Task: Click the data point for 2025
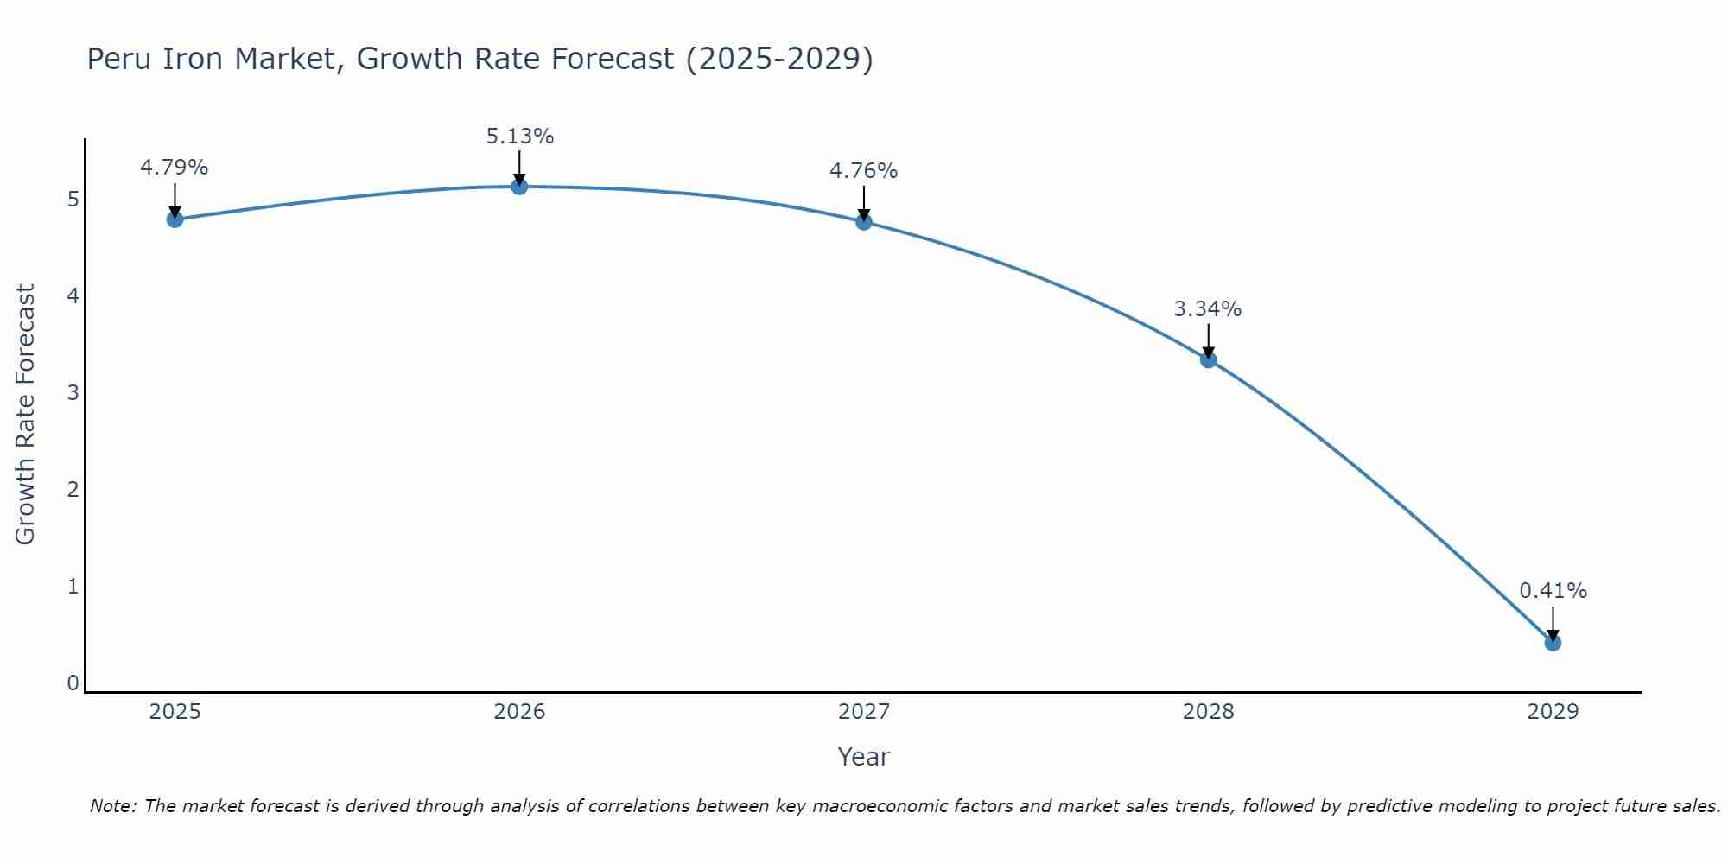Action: tap(175, 219)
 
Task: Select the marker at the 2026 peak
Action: tap(519, 186)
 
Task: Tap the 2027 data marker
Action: tap(864, 222)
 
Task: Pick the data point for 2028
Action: tap(1208, 359)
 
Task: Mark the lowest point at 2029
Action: tap(1553, 643)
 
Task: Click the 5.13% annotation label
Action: tap(519, 137)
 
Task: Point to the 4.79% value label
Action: tap(175, 168)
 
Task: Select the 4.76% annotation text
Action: tap(864, 171)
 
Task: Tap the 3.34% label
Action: tap(1208, 309)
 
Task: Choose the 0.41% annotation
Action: tap(1553, 591)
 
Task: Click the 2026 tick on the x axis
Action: tap(519, 712)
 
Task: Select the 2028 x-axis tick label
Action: tap(1208, 712)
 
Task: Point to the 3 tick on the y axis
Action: tap(73, 393)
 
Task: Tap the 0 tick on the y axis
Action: tap(73, 683)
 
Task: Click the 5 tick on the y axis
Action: tap(73, 200)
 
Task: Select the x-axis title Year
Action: tap(864, 757)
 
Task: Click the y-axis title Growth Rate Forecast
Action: tap(26, 415)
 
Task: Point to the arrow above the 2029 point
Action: tap(1553, 623)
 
